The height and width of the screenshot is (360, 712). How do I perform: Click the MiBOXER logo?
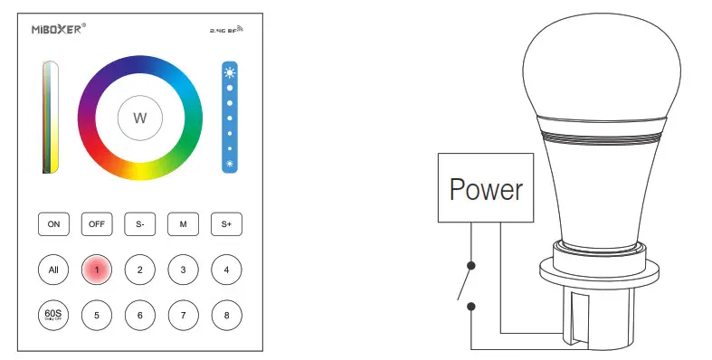coord(58,29)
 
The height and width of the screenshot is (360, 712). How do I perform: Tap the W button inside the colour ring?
coord(139,118)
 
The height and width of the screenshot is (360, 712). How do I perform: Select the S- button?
coord(139,223)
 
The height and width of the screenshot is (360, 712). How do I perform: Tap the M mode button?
coord(183,223)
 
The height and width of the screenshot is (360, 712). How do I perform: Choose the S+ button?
coord(226,223)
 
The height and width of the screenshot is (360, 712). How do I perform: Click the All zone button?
coord(52,270)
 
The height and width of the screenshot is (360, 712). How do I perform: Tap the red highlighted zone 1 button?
coord(96,270)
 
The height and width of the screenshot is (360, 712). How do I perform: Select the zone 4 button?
coord(226,270)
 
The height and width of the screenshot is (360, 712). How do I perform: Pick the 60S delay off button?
coord(52,315)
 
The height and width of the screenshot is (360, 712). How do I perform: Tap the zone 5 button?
coord(96,315)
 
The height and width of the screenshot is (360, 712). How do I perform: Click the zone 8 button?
coord(226,315)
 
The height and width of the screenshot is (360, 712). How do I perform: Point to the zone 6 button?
coord(139,315)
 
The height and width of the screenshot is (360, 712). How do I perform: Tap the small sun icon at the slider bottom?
coord(230,164)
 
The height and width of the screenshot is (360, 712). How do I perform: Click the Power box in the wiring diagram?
coord(486,189)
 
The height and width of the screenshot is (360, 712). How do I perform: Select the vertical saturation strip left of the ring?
coord(51,117)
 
